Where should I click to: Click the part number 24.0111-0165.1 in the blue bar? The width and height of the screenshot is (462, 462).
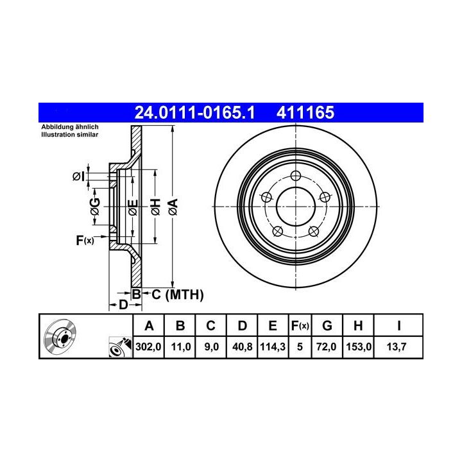pos(194,112)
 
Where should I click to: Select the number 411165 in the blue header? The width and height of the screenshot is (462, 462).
pos(305,112)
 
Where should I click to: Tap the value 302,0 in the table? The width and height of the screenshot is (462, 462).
pos(148,346)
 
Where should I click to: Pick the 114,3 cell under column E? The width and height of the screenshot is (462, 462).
pos(273,346)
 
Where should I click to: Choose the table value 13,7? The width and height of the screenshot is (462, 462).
pos(397,346)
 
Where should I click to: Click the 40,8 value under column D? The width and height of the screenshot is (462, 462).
pos(242,346)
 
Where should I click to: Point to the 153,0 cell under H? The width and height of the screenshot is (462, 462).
pos(359,346)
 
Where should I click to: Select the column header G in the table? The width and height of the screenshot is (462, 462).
pos(327,326)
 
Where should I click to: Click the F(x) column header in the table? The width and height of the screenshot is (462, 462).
pos(300,326)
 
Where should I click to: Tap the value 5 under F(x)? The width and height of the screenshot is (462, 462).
pos(300,346)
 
